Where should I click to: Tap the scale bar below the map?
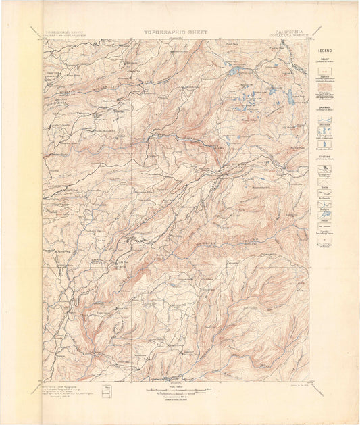point(180,390)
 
